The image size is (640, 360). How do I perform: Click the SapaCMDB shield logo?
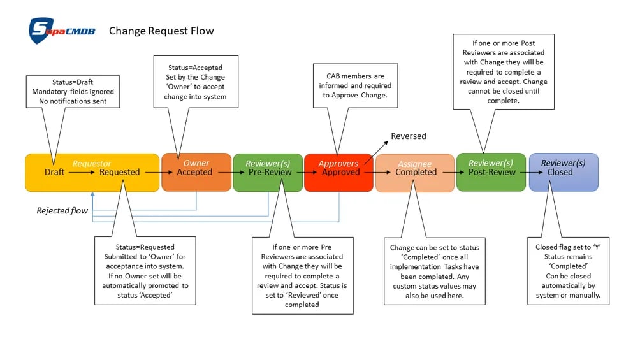click(40, 31)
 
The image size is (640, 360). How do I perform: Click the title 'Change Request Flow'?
click(161, 31)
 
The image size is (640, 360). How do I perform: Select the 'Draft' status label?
click(54, 172)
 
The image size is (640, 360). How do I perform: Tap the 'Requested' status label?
click(119, 172)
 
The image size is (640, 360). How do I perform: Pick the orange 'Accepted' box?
click(196, 172)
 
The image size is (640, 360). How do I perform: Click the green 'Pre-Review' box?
click(268, 172)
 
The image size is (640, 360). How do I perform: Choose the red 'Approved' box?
click(339, 172)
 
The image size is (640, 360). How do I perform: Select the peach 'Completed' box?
click(415, 173)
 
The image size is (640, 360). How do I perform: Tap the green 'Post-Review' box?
click(491, 172)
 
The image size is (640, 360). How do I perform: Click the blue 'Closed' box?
click(563, 172)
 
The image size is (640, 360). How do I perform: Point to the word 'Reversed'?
click(408, 136)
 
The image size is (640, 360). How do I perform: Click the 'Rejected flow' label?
click(62, 210)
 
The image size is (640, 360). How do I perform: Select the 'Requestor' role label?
click(92, 164)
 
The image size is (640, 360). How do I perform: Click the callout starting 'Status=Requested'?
click(145, 271)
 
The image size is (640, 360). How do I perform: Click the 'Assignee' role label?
click(415, 164)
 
